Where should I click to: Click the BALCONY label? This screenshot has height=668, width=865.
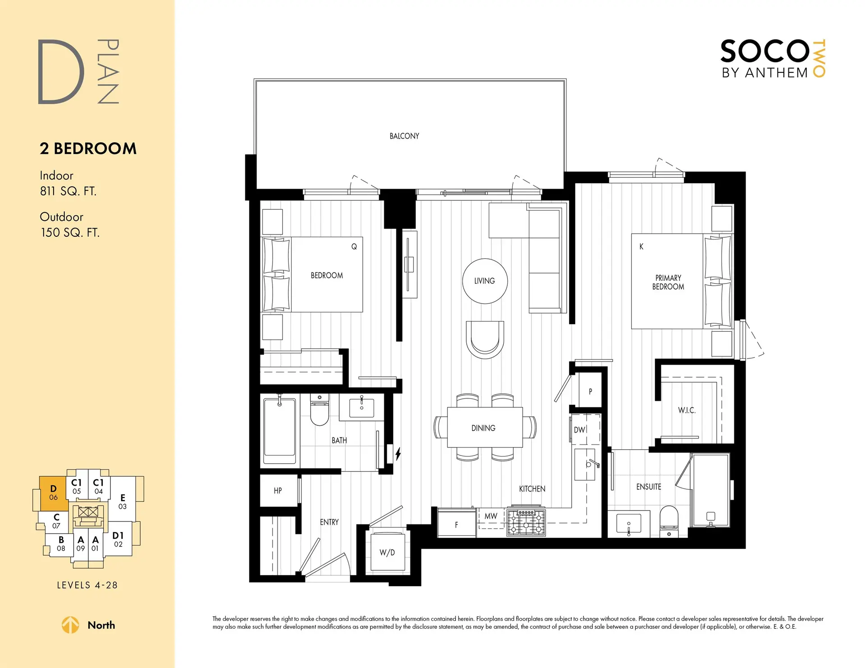(404, 136)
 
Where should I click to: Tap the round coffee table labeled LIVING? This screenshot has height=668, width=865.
(485, 281)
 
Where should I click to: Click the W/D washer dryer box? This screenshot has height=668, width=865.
(387, 552)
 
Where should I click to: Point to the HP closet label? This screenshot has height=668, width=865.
(278, 491)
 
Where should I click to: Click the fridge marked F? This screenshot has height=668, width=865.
(456, 524)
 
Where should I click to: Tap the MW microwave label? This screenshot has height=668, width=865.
(491, 516)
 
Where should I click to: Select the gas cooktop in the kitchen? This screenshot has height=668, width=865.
(526, 522)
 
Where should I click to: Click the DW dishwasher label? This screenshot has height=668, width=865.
(580, 430)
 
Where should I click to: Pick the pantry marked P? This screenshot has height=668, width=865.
(590, 392)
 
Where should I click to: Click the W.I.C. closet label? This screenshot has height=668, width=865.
(687, 410)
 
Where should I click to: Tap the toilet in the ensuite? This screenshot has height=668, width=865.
(669, 520)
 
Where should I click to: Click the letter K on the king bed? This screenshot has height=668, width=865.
(642, 247)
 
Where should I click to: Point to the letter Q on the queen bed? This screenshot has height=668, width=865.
(354, 247)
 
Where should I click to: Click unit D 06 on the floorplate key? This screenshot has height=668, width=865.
(54, 493)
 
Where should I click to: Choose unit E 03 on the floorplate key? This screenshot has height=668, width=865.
(123, 501)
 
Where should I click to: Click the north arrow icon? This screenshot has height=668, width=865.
(70, 625)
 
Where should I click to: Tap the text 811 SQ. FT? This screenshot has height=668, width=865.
(68, 191)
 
